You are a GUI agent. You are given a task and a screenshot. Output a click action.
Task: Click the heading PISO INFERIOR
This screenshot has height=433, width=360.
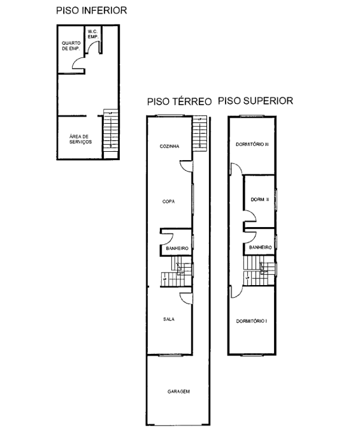(x=91, y=10)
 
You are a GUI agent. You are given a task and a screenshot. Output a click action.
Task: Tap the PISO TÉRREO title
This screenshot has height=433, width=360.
(x=179, y=101)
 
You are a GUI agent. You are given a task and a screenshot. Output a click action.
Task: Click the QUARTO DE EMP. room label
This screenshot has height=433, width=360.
(x=70, y=45)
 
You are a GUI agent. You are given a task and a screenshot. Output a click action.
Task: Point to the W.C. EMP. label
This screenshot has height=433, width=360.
(x=92, y=34)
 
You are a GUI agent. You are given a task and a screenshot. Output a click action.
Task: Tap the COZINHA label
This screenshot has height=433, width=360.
(x=169, y=146)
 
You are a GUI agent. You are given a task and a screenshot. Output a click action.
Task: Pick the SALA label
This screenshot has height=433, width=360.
(x=169, y=319)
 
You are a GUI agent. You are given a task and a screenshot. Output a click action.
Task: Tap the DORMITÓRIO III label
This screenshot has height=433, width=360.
(x=252, y=144)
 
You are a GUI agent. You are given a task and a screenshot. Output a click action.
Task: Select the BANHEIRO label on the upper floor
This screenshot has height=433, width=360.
(x=261, y=247)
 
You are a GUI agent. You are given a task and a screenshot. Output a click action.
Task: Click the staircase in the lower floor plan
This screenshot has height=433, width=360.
(x=111, y=130)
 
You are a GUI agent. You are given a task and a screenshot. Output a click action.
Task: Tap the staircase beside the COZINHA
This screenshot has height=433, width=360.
(x=201, y=132)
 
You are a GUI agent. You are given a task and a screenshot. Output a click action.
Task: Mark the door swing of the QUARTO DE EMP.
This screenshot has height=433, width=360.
(x=78, y=61)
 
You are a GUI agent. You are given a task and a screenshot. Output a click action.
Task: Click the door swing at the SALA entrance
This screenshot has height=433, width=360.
(x=185, y=297)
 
